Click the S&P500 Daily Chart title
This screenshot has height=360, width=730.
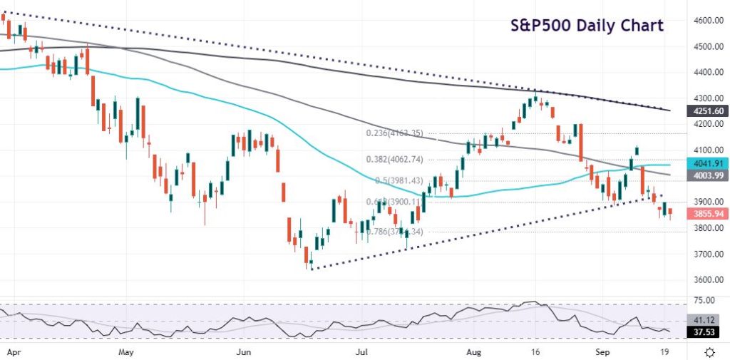587,26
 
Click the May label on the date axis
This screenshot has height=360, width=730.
126,352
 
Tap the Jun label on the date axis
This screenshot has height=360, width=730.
245,352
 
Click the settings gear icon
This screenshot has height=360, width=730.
710,352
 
